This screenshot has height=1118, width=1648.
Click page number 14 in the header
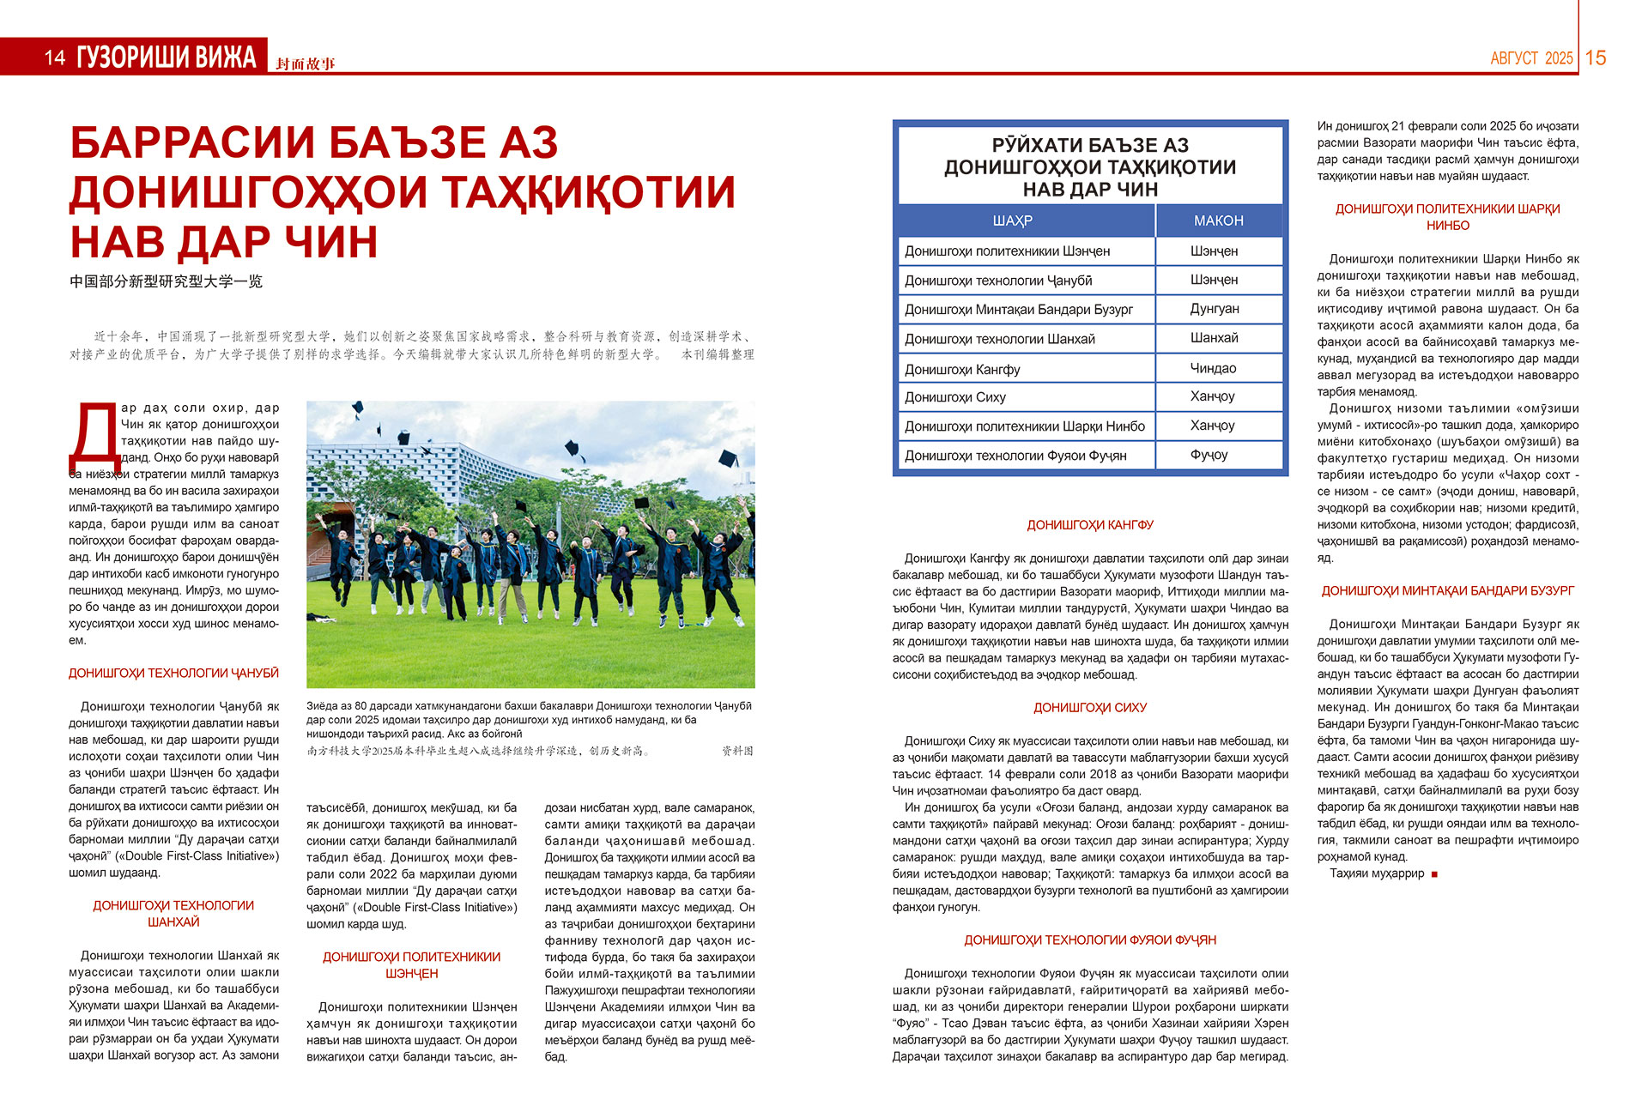[55, 57]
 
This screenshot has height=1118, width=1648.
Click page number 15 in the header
[1596, 57]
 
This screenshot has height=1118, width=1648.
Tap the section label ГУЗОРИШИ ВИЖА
[167, 57]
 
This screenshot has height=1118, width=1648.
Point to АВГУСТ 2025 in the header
[1531, 58]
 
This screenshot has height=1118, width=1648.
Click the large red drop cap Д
[94, 440]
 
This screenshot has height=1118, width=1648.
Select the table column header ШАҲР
[1012, 221]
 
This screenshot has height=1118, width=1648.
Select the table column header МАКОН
[1218, 221]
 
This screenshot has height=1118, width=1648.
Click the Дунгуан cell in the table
[1215, 309]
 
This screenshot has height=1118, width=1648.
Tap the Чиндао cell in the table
[1213, 368]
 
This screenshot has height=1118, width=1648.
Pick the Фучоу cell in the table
[1209, 455]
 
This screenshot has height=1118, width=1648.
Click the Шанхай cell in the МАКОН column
[1214, 338]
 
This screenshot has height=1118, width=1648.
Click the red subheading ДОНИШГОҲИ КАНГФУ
[1090, 524]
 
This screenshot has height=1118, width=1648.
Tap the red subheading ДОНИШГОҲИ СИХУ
[1090, 708]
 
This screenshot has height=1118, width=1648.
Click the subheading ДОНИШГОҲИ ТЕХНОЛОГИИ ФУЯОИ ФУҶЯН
[1090, 940]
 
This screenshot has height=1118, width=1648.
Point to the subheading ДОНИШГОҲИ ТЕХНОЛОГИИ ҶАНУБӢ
[173, 674]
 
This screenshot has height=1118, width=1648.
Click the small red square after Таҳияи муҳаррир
[1434, 874]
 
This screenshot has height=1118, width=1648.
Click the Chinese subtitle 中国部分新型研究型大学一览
[166, 281]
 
